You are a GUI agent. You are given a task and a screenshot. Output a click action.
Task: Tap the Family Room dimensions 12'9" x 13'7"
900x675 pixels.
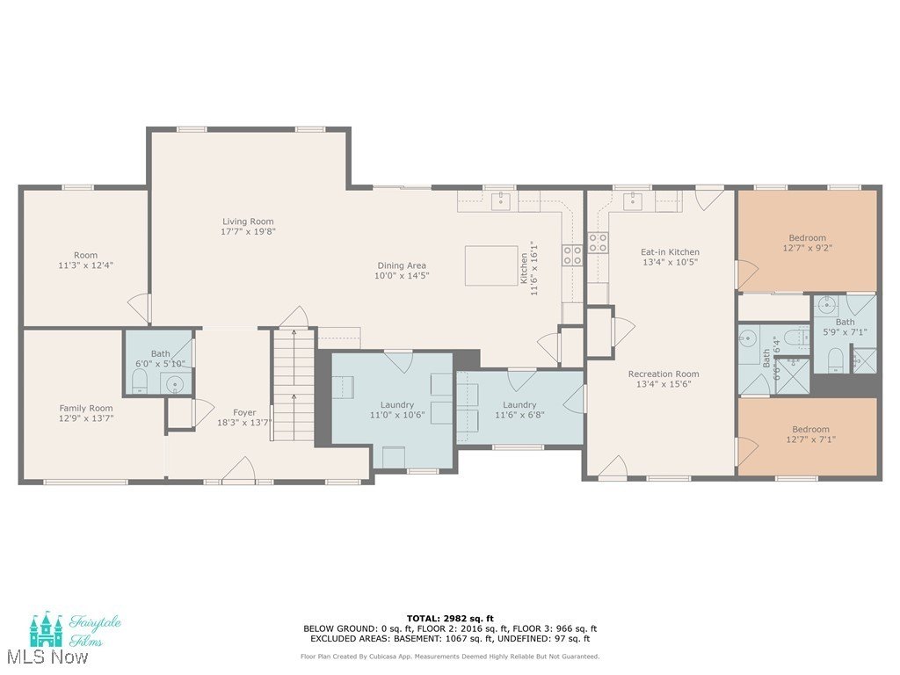tap(86, 418)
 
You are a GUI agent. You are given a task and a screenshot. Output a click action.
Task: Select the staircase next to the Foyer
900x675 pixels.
tap(294, 384)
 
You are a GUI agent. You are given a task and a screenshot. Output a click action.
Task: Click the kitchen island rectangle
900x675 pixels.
tap(491, 265)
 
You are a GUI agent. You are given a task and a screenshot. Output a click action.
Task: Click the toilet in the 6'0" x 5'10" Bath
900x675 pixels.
tap(140, 381)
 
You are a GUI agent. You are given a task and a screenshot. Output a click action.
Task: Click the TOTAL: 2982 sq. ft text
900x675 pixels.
tap(450, 618)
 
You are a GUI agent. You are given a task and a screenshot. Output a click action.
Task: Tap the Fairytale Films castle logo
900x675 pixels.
tap(46, 629)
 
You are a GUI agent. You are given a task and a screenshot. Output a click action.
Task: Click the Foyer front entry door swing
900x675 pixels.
tap(239, 468)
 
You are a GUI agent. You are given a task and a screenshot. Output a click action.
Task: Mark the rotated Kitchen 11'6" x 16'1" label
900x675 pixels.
tap(528, 267)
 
